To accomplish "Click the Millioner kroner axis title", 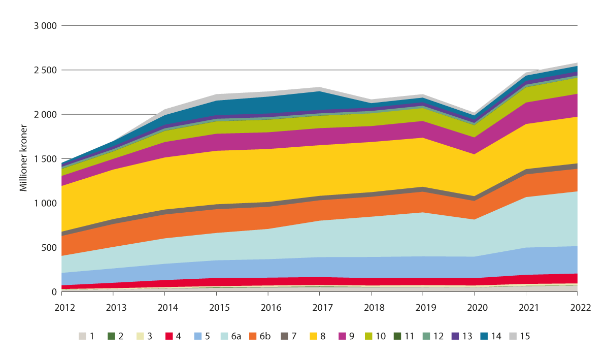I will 23,158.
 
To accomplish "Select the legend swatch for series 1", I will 83,336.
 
